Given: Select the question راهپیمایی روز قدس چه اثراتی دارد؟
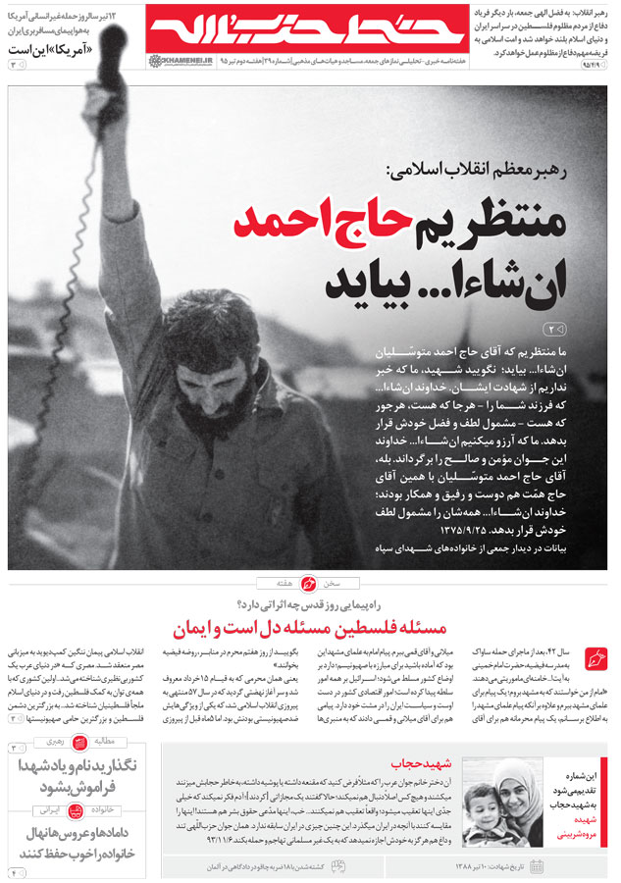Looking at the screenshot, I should point(310,605).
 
